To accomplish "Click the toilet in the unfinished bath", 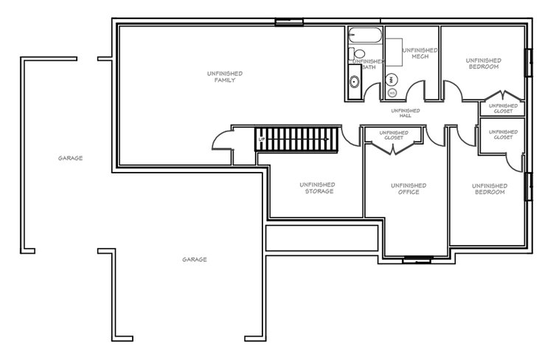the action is click(x=357, y=54).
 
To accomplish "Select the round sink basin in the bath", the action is click(x=354, y=82).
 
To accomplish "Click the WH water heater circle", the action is click(x=391, y=80).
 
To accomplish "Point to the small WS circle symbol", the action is click(x=392, y=93).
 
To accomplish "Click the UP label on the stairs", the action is click(x=261, y=139).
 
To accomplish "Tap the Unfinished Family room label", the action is click(x=225, y=77).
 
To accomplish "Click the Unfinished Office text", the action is click(x=408, y=188).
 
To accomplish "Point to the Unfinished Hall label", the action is click(x=406, y=113).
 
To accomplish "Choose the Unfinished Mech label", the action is click(x=420, y=53).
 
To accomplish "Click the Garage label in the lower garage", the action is click(x=195, y=260).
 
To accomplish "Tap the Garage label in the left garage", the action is click(x=70, y=158).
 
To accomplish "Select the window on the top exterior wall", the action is click(x=289, y=22).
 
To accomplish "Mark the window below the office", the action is click(x=417, y=260).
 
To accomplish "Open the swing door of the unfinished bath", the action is click(x=372, y=91).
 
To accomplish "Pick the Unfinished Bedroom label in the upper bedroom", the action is click(x=484, y=63).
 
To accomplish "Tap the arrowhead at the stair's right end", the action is click(x=327, y=139).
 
